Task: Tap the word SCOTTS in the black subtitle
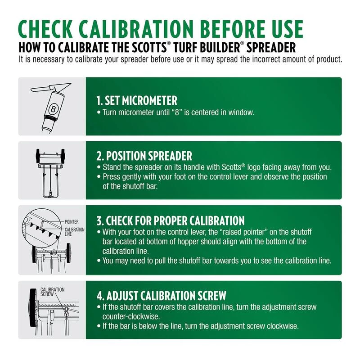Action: coord(149,48)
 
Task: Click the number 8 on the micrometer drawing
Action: coord(53,109)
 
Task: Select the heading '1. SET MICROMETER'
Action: coord(137,100)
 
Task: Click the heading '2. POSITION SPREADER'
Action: coord(144,156)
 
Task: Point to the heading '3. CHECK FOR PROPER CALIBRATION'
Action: coord(171,220)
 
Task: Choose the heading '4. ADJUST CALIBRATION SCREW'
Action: coord(162,296)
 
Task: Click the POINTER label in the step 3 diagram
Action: coord(72,222)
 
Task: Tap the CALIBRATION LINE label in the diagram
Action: coord(74,232)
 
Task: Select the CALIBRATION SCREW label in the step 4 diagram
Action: coord(52,292)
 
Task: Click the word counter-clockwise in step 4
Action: coord(131,317)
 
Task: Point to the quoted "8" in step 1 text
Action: coord(177,112)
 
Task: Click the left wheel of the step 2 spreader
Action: coord(38,156)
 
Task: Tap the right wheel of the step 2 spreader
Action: coord(63,156)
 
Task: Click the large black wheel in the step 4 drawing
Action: coord(33,308)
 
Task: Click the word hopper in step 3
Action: coord(189,242)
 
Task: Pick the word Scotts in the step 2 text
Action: coord(231,167)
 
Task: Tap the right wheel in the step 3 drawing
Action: coord(68,253)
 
